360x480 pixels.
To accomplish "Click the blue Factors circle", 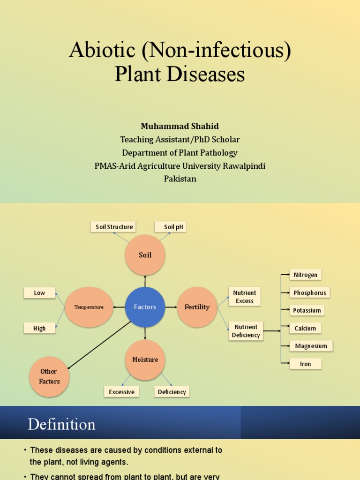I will click(x=145, y=307).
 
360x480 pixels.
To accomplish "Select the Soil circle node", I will click(x=145, y=255).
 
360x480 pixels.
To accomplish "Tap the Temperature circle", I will click(x=89, y=307).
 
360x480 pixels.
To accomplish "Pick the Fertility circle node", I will click(x=197, y=307).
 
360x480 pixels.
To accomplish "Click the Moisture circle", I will click(x=145, y=360).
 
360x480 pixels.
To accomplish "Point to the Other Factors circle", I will click(x=49, y=376).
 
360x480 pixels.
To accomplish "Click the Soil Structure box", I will click(x=113, y=227).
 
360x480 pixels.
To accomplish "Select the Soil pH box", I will click(x=170, y=227).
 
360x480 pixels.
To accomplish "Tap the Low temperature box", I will click(x=39, y=293).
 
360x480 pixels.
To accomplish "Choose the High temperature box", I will click(x=39, y=328).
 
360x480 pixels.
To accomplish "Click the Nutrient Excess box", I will click(x=244, y=297).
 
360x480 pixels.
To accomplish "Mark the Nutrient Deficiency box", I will click(x=246, y=331).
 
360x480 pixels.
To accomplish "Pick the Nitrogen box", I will click(x=306, y=275).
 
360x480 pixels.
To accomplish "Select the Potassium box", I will click(x=307, y=310).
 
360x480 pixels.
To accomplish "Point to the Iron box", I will click(x=306, y=364).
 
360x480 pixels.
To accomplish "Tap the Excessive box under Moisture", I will click(x=121, y=392).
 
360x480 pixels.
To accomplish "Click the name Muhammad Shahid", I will click(x=180, y=126).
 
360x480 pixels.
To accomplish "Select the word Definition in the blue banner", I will click(x=61, y=424).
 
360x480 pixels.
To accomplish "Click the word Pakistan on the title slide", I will click(x=180, y=179).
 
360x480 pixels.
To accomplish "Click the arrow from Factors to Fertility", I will click(x=171, y=307).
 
